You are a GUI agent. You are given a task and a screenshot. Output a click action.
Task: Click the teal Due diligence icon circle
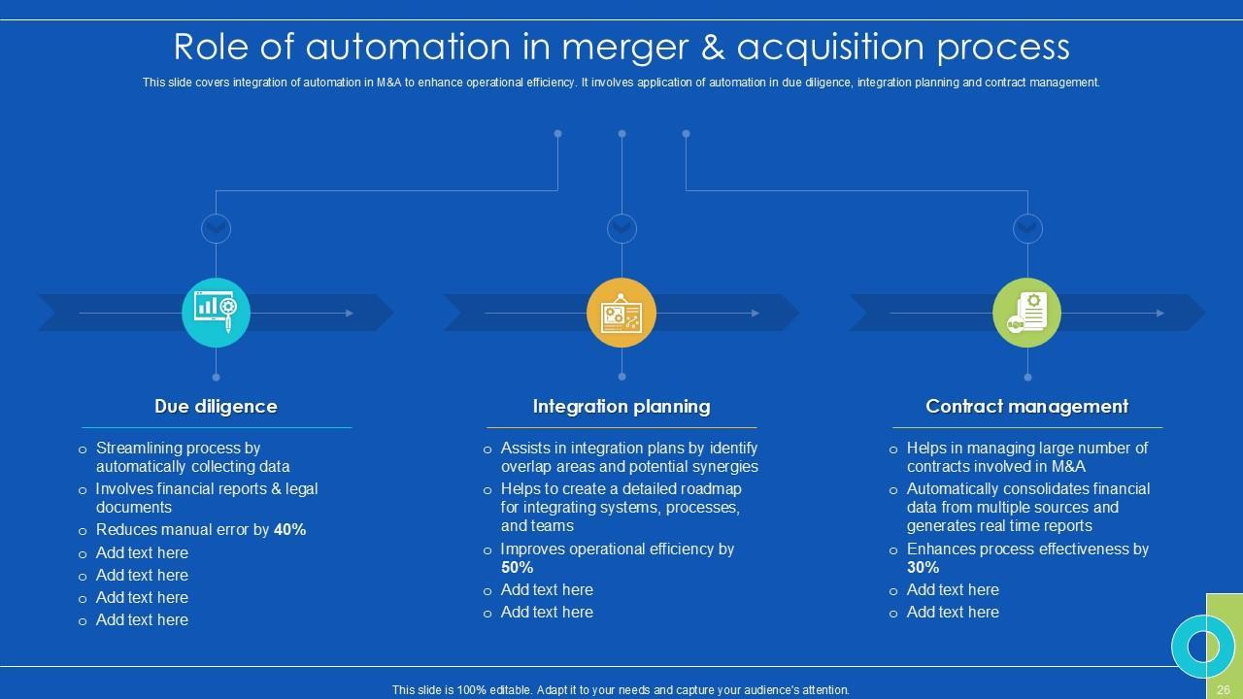[x=216, y=313]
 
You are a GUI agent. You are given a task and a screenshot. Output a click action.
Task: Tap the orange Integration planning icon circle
[x=621, y=313]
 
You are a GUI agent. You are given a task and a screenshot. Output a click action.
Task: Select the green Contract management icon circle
[x=1027, y=313]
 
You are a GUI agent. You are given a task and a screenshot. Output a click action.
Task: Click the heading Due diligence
[x=216, y=407]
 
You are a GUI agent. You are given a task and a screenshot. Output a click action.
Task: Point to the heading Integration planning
[x=621, y=407]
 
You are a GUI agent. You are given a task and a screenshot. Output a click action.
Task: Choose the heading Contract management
[x=1027, y=407]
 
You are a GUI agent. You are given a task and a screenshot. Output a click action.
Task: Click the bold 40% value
[x=290, y=530]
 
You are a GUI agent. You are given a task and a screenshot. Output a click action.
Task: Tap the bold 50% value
[x=517, y=568]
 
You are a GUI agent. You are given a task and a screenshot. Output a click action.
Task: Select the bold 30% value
[x=923, y=568]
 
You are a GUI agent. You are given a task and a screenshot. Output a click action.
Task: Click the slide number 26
[x=1224, y=689]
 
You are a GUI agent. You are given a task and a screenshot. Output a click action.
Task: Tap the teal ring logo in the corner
[x=1203, y=647]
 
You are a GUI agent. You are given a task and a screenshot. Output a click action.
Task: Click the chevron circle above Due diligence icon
[x=216, y=228]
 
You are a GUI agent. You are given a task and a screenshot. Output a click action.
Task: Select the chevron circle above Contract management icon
[x=1027, y=228]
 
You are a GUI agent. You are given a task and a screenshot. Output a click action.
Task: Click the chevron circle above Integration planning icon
[x=621, y=228]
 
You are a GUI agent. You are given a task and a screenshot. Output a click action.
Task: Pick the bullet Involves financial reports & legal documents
[x=206, y=498]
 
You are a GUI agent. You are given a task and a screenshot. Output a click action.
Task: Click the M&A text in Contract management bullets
[x=1067, y=467]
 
